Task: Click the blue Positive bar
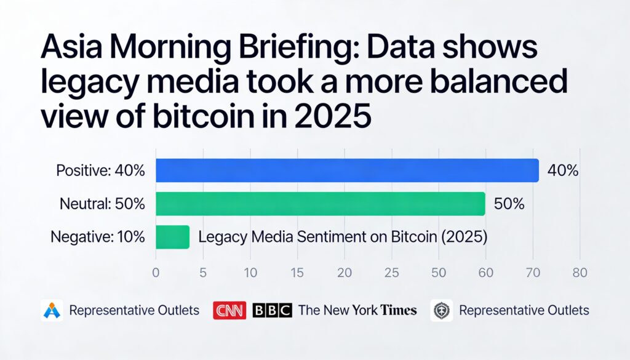tap(347, 170)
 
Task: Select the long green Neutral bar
tap(320, 204)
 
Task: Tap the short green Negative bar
tap(172, 237)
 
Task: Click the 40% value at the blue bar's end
tap(562, 171)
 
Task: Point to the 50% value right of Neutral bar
tap(509, 204)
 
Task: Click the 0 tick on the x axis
tap(156, 272)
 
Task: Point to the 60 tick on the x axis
tap(485, 272)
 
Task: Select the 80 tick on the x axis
tap(580, 272)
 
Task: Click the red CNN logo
tap(229, 310)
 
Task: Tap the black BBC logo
tap(271, 310)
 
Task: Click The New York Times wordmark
tap(357, 310)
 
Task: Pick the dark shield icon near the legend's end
tap(442, 310)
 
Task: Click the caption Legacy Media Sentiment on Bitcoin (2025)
tap(343, 237)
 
